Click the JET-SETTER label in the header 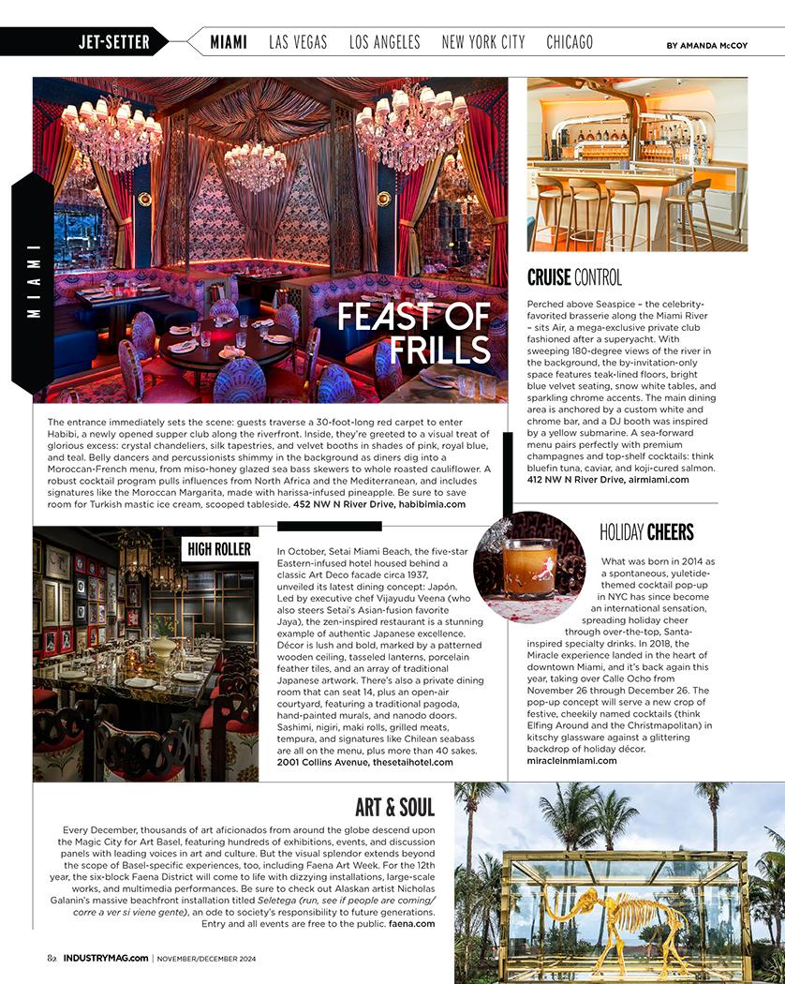pyautogui.click(x=113, y=42)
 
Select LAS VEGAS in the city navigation pyautogui.click(x=298, y=42)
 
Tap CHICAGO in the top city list pyautogui.click(x=570, y=42)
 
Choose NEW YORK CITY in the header pyautogui.click(x=483, y=42)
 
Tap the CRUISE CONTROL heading pyautogui.click(x=574, y=277)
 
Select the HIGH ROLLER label pyautogui.click(x=219, y=549)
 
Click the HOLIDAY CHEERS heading pyautogui.click(x=646, y=533)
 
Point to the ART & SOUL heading pyautogui.click(x=394, y=807)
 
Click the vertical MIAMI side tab pyautogui.click(x=34, y=281)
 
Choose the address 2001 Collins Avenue pyautogui.click(x=321, y=762)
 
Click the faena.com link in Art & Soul pyautogui.click(x=413, y=923)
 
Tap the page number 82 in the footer pyautogui.click(x=52, y=958)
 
